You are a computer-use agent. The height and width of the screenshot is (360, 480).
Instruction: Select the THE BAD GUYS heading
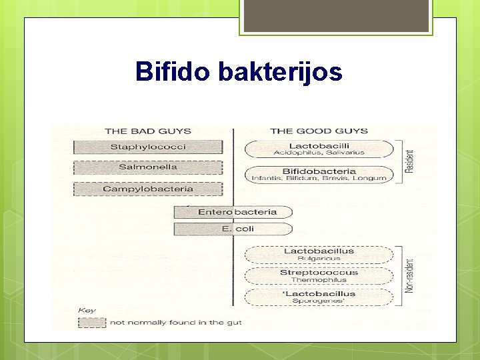point(147,131)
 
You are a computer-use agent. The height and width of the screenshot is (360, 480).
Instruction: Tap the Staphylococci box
point(148,147)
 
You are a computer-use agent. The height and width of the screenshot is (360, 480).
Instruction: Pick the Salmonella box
point(148,167)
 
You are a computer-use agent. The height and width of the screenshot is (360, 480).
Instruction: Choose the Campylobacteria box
point(148,189)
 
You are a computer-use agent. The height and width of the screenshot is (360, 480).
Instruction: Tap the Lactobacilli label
point(319,145)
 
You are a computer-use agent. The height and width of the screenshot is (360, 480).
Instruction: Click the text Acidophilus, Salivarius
point(319,153)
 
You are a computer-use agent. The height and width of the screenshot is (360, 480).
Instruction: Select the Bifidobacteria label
point(319,171)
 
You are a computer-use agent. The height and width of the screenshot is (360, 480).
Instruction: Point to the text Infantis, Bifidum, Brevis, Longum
point(319,179)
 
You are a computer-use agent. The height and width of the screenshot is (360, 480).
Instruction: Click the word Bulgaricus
point(319,259)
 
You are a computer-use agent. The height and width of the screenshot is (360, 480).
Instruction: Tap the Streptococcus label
point(319,272)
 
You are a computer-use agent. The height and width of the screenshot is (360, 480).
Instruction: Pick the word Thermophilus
point(319,280)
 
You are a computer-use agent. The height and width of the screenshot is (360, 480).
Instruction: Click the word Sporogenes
point(319,301)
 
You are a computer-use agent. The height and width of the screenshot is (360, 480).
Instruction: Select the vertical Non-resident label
point(409,275)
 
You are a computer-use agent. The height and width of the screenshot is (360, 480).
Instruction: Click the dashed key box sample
point(91,323)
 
